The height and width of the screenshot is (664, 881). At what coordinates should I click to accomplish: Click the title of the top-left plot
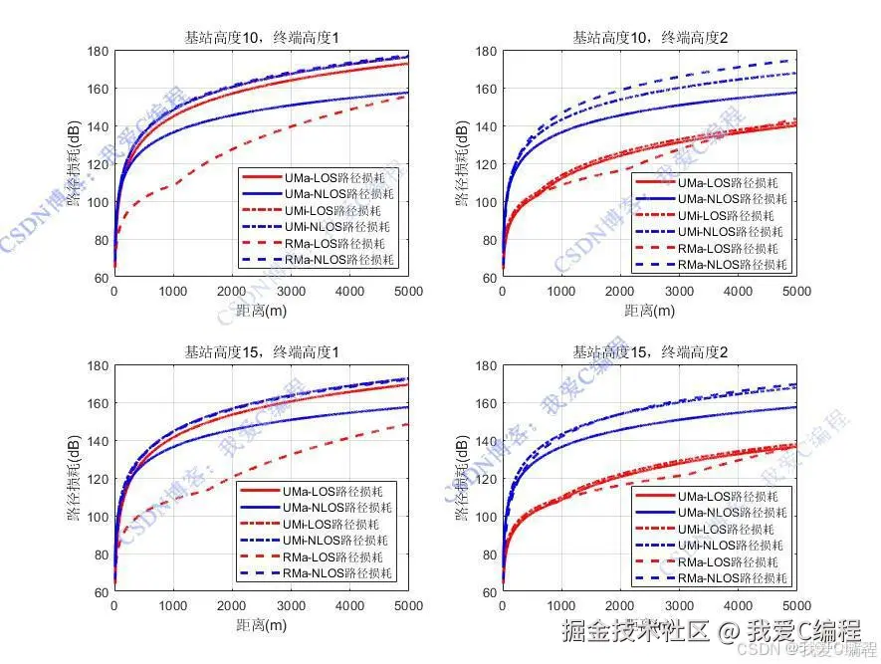261,38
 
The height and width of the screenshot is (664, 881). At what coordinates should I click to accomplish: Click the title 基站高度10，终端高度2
649,38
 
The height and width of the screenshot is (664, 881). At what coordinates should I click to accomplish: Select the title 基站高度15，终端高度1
261,351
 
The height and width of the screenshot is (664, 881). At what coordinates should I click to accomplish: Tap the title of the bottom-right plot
649,351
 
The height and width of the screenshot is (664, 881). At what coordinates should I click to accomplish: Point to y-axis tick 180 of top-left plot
98,52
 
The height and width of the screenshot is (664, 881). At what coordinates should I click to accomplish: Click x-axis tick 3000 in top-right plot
679,292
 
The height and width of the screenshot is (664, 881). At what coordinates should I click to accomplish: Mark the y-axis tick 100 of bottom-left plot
98,517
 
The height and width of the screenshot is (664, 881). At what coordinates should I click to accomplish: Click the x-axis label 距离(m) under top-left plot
261,310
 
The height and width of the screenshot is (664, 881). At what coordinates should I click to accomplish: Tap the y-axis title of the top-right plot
462,164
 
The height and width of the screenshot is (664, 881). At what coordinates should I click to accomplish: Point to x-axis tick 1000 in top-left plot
172,292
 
